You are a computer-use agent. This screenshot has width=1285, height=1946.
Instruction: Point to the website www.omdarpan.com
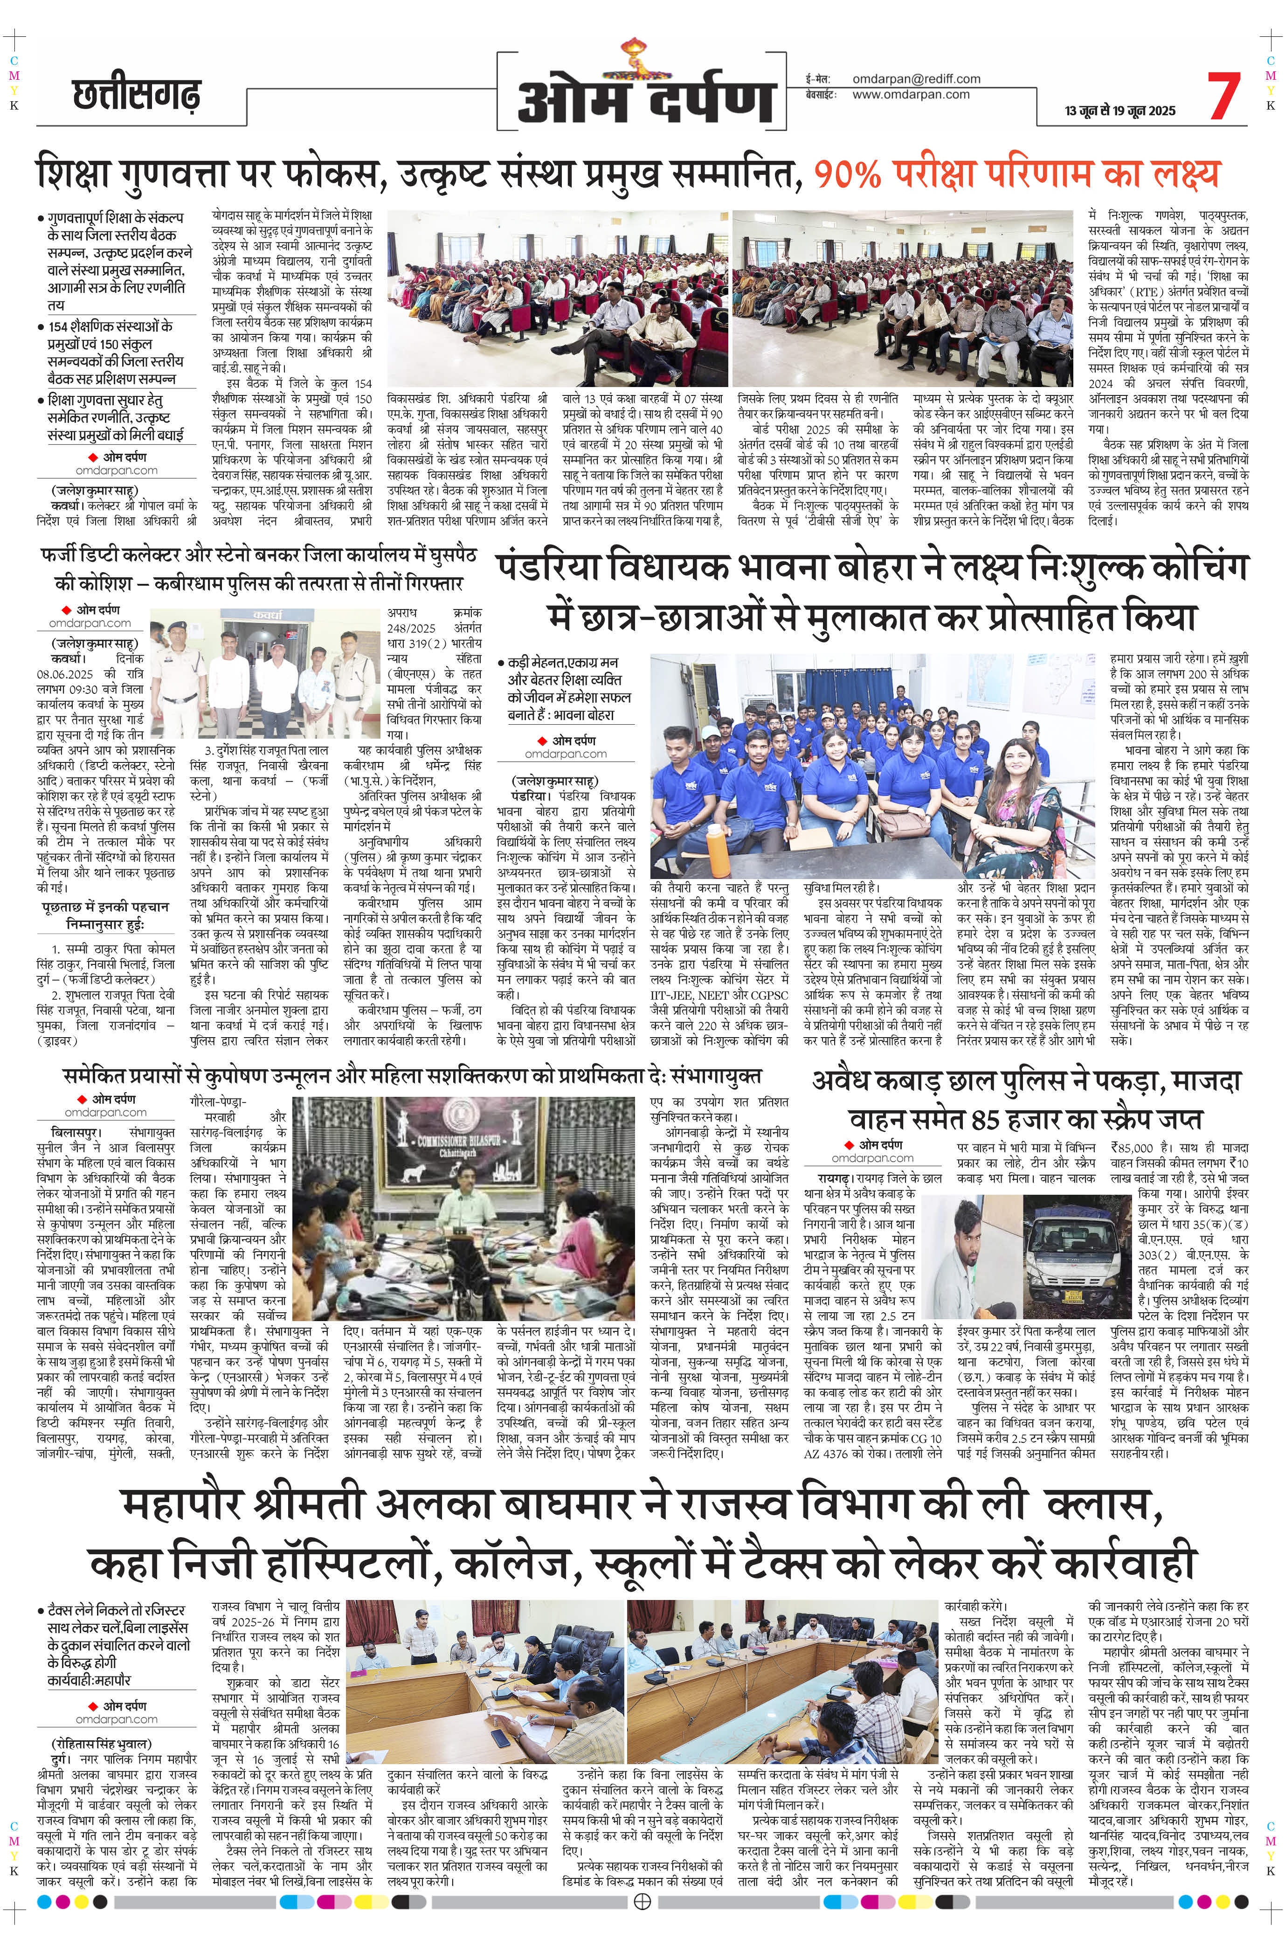[911, 94]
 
